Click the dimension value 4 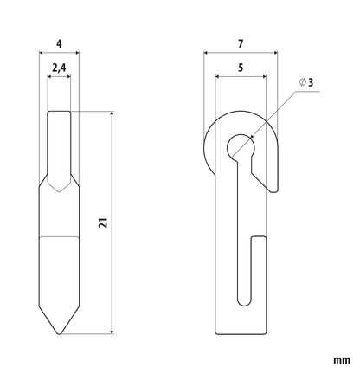tap(59, 44)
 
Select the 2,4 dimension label tap(59, 68)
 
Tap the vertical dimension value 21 tap(103, 222)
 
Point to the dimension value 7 tap(241, 44)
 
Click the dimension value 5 tap(241, 68)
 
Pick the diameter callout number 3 tap(311, 82)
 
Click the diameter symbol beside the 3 tap(302, 82)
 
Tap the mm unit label tap(342, 360)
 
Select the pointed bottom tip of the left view tap(59, 333)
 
